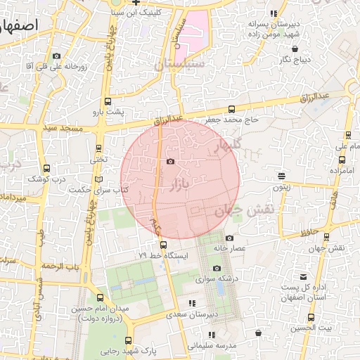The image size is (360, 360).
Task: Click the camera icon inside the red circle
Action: pos(170,162)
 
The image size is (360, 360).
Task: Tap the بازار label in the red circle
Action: pos(181,185)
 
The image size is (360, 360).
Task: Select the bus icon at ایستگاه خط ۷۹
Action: pos(164,245)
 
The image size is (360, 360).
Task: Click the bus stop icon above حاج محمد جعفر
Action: pos(232,109)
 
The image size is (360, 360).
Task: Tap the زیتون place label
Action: pos(282,188)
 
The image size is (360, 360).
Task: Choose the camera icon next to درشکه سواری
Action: pos(217,269)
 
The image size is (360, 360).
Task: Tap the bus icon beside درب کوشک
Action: pos(46,168)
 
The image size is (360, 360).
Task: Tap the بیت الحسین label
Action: pos(311,327)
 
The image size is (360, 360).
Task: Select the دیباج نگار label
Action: pos(295,60)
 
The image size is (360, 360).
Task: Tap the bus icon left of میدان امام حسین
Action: pos(75,308)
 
